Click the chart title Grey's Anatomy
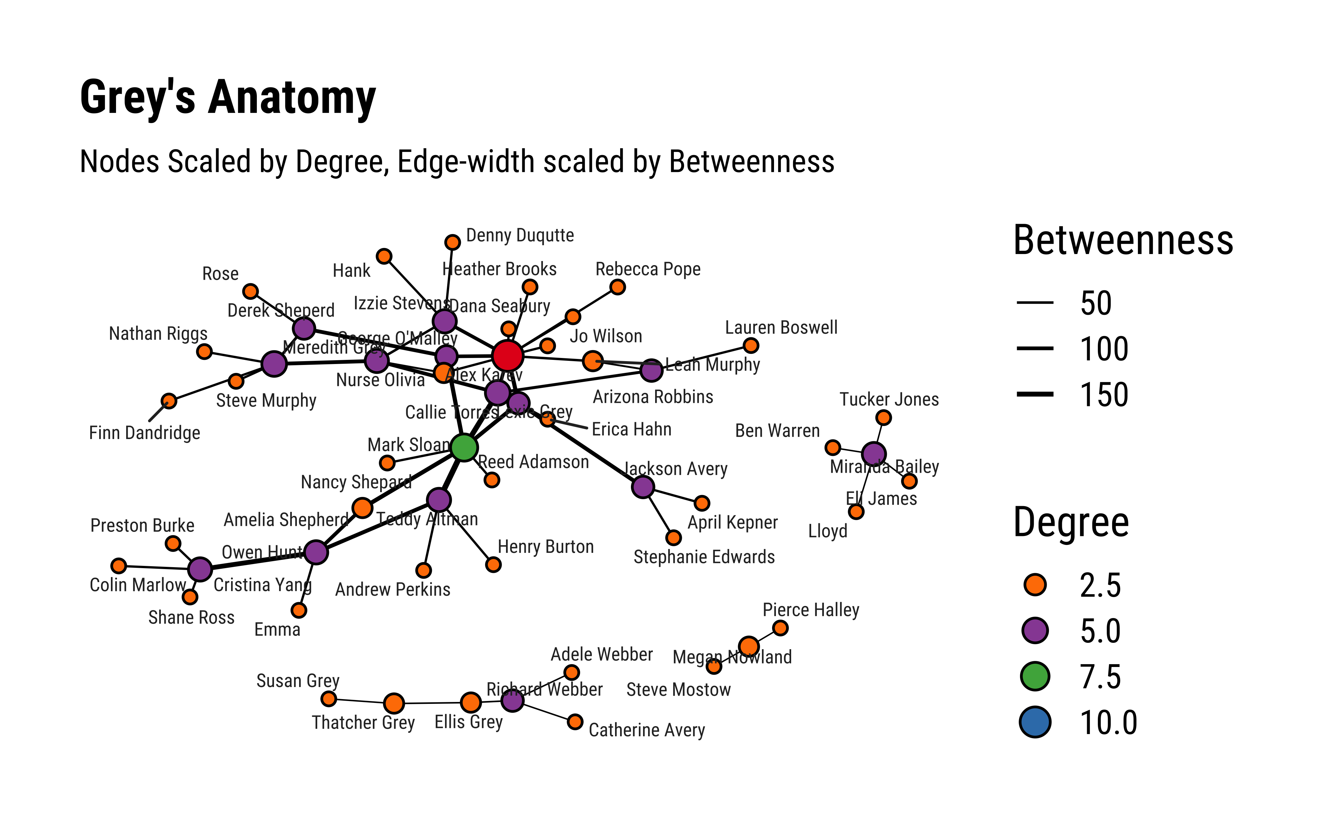pos(228,97)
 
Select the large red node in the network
pos(507,356)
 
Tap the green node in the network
pos(464,447)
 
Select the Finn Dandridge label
pos(145,433)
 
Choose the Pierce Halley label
pos(811,609)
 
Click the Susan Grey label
pos(298,681)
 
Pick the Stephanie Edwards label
pos(704,557)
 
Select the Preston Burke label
pos(142,526)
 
